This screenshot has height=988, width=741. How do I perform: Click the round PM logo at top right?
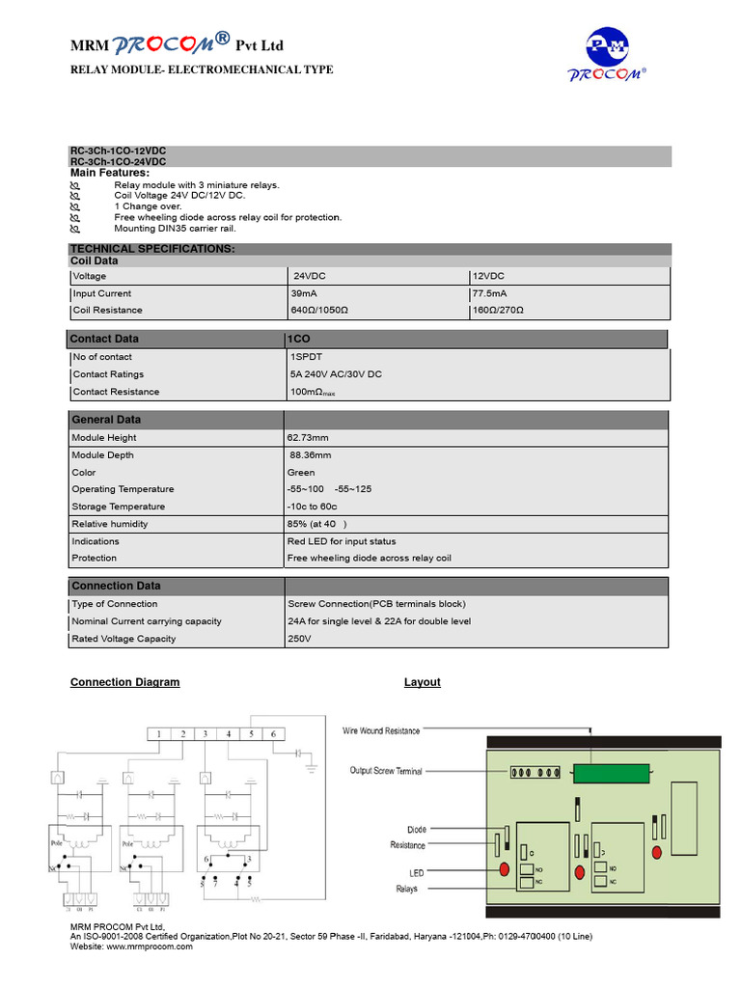(x=611, y=48)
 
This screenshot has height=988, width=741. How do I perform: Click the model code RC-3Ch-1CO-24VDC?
(x=118, y=162)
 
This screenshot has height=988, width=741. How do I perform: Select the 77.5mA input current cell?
(x=489, y=293)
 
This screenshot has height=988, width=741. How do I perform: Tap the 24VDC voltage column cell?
(x=310, y=276)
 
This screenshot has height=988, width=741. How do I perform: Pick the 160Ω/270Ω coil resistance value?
(x=498, y=310)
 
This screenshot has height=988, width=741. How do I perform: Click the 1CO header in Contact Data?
(x=298, y=339)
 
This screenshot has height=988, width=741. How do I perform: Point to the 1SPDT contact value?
(x=305, y=357)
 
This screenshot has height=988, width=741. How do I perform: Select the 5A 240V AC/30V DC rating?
(x=336, y=374)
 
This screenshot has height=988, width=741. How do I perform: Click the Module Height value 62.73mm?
(x=307, y=438)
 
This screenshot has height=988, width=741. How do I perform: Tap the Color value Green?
(x=300, y=473)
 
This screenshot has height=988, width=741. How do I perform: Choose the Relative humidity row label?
(x=110, y=524)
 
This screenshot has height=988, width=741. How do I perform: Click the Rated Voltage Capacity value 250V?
(x=299, y=639)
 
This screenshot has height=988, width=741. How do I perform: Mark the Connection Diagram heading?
(x=124, y=682)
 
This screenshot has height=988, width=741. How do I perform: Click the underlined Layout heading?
(x=422, y=682)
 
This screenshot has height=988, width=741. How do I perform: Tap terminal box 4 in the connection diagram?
(x=228, y=734)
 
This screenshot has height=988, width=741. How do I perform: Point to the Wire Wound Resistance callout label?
(x=381, y=731)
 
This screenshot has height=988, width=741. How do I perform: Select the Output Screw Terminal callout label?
(x=385, y=771)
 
